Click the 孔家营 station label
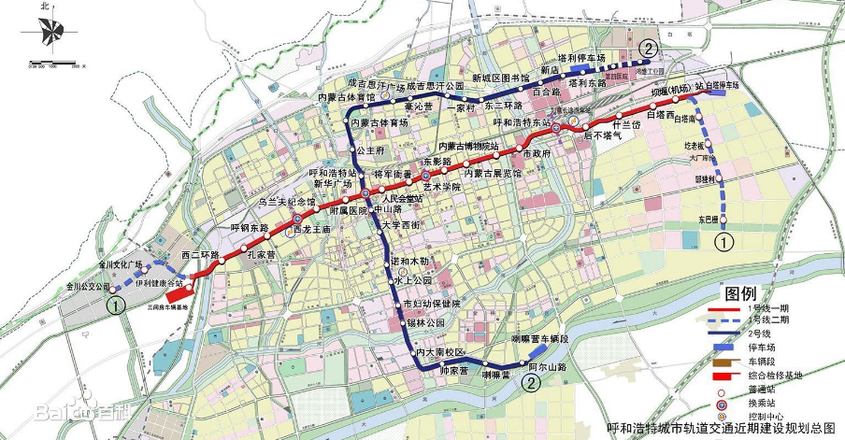point(259,253)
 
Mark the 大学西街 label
point(403,224)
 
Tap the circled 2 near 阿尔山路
point(531,383)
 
